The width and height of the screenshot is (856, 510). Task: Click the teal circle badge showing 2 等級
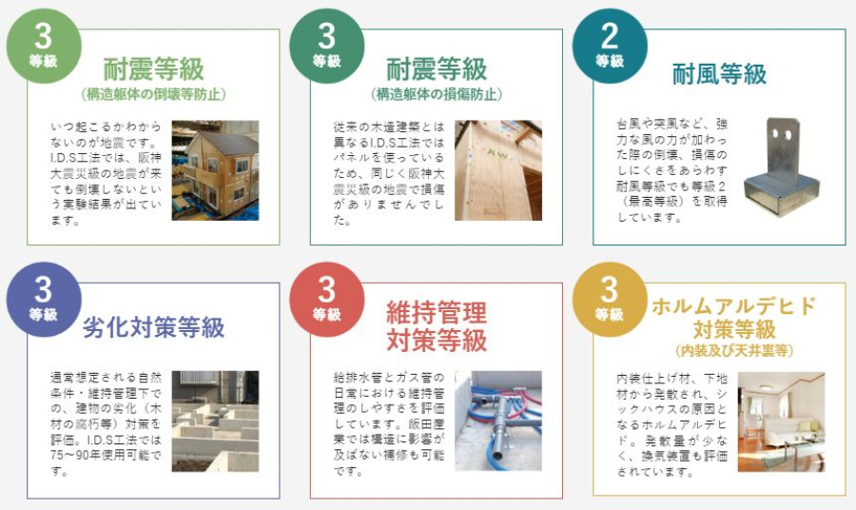[610, 46]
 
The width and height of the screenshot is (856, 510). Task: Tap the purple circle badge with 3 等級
[44, 299]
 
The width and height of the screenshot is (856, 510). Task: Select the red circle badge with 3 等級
[327, 299]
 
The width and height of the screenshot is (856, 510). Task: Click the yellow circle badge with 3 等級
[610, 299]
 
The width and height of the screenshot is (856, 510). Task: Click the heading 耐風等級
[720, 73]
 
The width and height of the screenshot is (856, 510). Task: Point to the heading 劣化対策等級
[153, 327]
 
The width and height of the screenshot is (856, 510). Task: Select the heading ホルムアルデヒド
[734, 305]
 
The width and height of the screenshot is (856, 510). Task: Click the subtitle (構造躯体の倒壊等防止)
[153, 94]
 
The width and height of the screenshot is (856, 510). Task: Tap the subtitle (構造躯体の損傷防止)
[437, 94]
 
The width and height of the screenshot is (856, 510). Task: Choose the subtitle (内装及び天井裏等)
[734, 350]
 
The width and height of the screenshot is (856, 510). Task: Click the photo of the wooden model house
[215, 170]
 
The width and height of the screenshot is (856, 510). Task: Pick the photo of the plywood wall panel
[498, 170]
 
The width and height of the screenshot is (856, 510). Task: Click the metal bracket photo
[781, 167]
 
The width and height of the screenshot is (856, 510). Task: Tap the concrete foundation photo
[215, 421]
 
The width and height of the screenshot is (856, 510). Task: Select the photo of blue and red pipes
[498, 421]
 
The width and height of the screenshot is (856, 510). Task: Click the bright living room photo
[781, 422]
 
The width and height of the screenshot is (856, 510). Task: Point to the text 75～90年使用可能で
[106, 455]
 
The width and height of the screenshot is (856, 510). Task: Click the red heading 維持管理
[437, 313]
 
